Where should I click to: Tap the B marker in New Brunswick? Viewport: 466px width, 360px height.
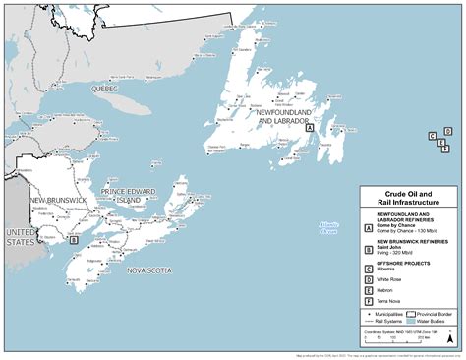click(x=74, y=238)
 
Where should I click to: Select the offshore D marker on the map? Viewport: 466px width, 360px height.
click(x=447, y=131)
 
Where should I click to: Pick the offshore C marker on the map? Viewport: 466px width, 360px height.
click(x=432, y=136)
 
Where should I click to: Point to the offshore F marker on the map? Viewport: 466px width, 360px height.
click(x=444, y=149)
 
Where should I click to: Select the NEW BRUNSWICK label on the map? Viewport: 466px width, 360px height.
click(x=58, y=201)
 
